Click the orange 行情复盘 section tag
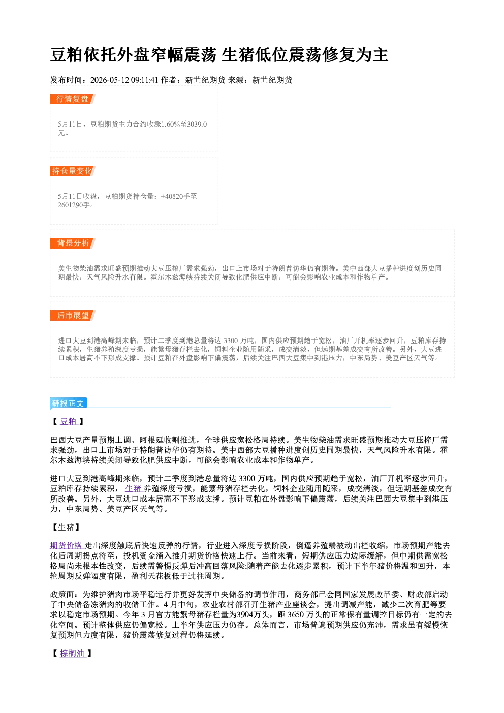pyautogui.click(x=73, y=99)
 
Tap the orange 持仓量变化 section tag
pyautogui.click(x=73, y=171)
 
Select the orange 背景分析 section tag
pyautogui.click(x=73, y=243)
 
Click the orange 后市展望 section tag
pyautogui.click(x=73, y=316)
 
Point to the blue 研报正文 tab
pyautogui.click(x=68, y=404)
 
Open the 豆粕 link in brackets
pyautogui.click(x=69, y=421)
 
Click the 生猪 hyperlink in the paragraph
pyautogui.click(x=133, y=488)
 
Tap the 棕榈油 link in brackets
pyautogui.click(x=73, y=654)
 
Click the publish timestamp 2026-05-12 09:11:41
pyautogui.click(x=124, y=80)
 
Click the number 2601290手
pyautogui.click(x=74, y=205)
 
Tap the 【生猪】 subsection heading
pyautogui.click(x=66, y=528)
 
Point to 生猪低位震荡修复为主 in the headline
pyautogui.click(x=305, y=55)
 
